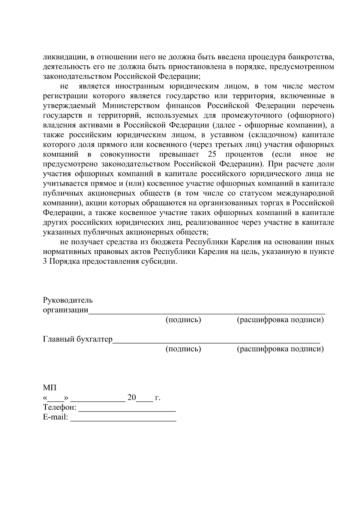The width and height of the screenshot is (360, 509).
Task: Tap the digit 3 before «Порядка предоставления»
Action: tap(45, 261)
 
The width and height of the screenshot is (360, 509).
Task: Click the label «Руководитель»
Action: tap(68, 300)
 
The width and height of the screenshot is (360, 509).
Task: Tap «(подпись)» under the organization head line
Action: tap(183, 320)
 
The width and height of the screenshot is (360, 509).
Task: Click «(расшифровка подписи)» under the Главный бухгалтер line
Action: tap(280, 349)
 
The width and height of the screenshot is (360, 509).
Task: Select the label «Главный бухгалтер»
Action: tap(78, 339)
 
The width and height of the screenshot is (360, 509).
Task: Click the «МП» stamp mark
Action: tap(49, 388)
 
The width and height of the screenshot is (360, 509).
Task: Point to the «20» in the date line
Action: tap(132, 398)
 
